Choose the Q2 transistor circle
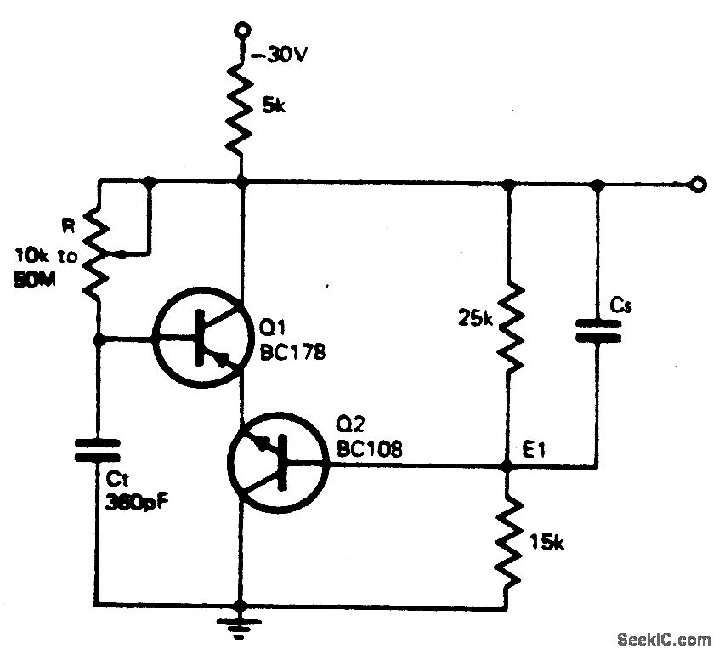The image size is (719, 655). (x=278, y=465)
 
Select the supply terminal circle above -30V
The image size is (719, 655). (x=243, y=30)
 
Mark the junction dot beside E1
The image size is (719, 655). (x=507, y=467)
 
